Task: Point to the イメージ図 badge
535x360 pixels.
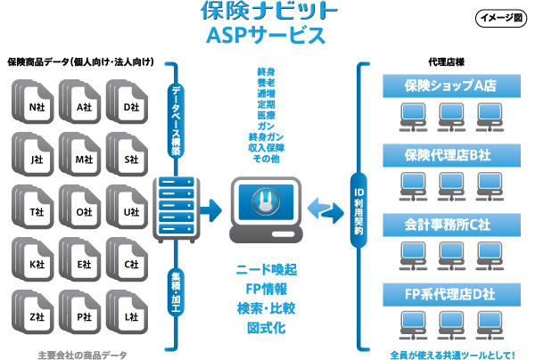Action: (500, 18)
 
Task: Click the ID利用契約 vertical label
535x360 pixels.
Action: (358, 209)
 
